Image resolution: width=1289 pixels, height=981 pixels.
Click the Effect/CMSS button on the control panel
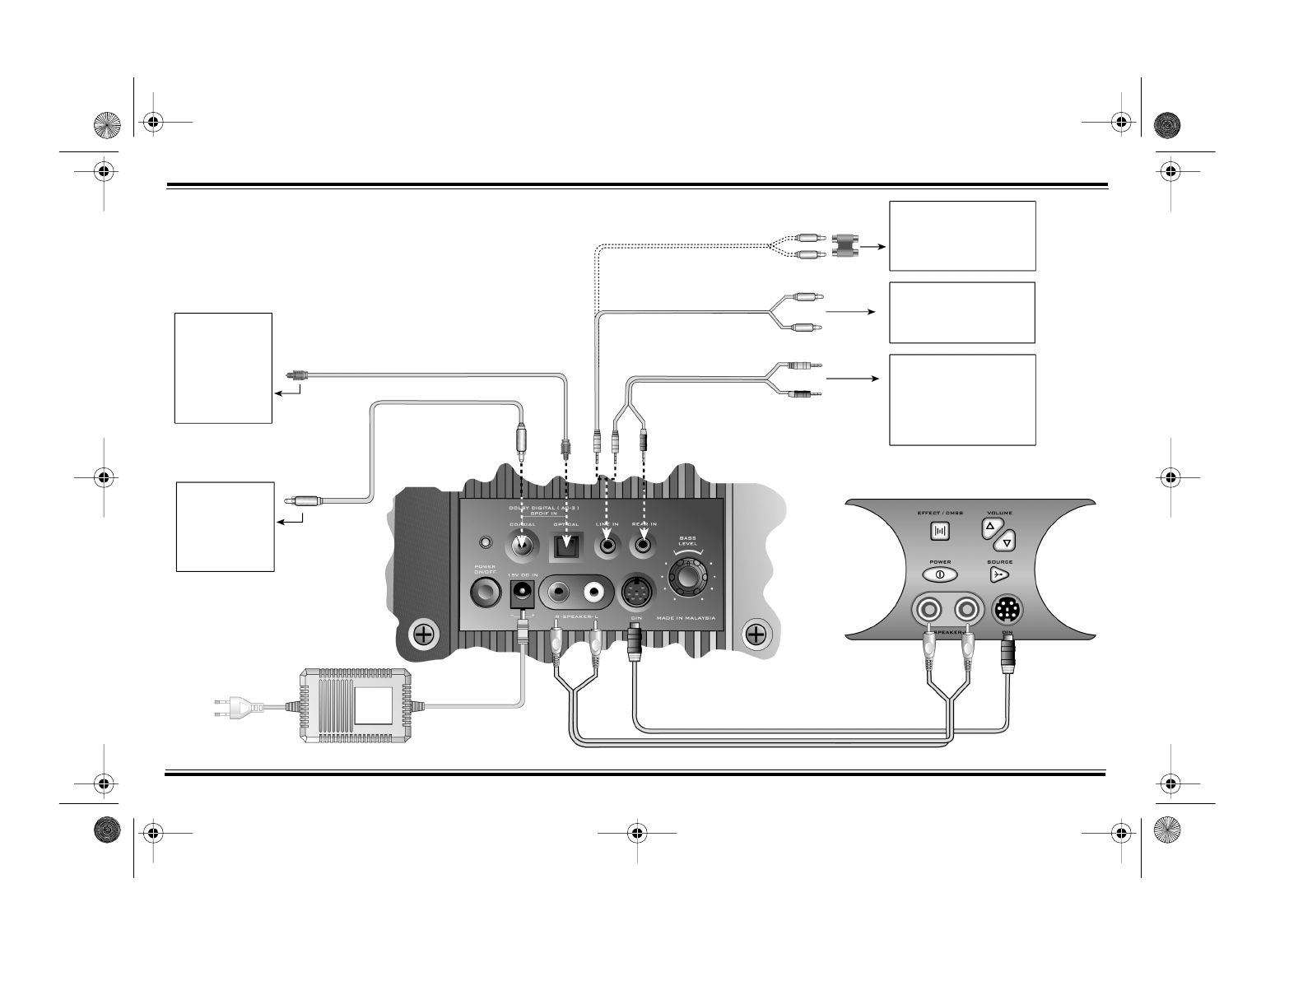pyautogui.click(x=940, y=531)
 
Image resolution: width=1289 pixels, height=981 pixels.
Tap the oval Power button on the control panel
pyautogui.click(x=940, y=574)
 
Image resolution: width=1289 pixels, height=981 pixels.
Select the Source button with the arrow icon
pyautogui.click(x=999, y=574)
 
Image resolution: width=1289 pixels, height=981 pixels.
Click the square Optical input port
pyautogui.click(x=565, y=544)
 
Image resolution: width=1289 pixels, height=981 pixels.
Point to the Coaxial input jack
pyautogui.click(x=521, y=544)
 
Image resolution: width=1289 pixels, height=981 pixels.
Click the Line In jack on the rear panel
pyautogui.click(x=607, y=544)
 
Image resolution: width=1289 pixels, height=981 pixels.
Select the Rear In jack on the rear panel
pyautogui.click(x=642, y=544)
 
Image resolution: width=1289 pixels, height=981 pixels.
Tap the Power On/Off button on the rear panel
pyautogui.click(x=485, y=592)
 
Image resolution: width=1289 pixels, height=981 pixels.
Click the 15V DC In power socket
pyautogui.click(x=521, y=592)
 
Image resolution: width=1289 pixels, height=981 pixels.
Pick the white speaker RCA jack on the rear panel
pyautogui.click(x=594, y=591)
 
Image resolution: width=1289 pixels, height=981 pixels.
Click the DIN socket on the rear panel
pyautogui.click(x=635, y=591)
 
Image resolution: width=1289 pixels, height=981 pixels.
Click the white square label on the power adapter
pyautogui.click(x=374, y=705)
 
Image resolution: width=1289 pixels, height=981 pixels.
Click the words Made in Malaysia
pyautogui.click(x=686, y=618)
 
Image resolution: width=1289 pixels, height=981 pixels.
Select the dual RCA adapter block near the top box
pyautogui.click(x=845, y=245)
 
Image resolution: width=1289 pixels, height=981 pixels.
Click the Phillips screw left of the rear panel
pyautogui.click(x=423, y=635)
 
